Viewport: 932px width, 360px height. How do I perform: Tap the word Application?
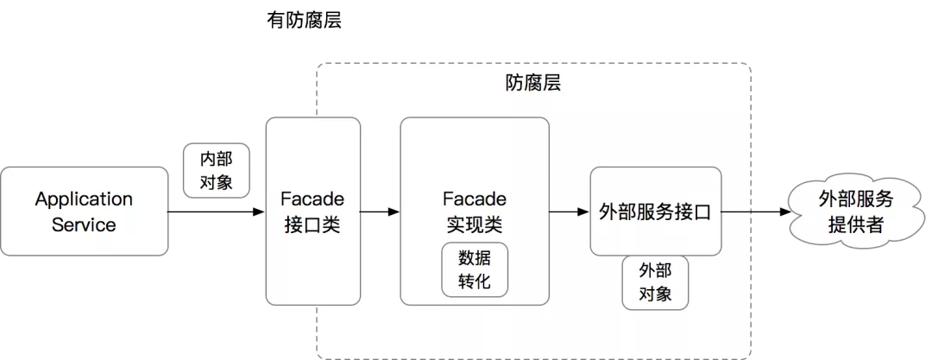[84, 199]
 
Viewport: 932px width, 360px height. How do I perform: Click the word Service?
[84, 225]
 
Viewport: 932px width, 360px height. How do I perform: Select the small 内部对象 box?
[216, 170]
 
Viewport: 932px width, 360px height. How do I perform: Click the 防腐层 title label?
[533, 84]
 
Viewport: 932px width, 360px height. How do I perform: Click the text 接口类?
[312, 225]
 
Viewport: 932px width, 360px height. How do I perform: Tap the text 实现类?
[475, 225]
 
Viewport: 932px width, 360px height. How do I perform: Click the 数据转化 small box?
[475, 269]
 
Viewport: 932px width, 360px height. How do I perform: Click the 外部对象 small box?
[655, 281]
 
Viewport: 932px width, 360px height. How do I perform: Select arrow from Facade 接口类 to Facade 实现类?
[380, 212]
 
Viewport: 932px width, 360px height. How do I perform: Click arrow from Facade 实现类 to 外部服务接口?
[570, 212]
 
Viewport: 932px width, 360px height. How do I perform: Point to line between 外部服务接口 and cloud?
[735, 212]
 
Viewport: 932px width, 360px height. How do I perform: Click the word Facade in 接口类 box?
[312, 199]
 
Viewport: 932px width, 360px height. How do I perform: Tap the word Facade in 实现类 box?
[475, 199]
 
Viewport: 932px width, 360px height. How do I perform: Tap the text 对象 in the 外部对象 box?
[655, 294]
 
